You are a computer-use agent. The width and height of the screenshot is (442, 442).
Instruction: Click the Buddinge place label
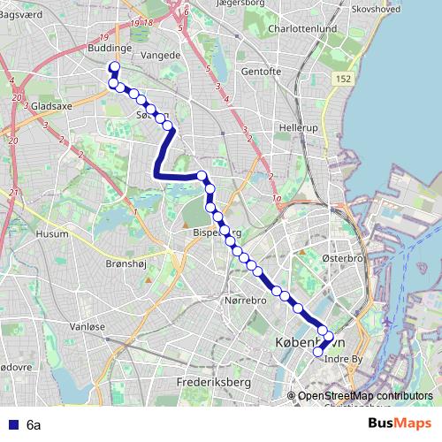(110, 49)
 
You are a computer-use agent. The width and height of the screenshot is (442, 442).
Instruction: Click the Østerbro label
(342, 257)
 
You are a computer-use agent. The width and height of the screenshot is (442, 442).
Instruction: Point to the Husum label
(52, 234)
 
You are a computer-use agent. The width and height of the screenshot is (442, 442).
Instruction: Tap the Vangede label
(160, 54)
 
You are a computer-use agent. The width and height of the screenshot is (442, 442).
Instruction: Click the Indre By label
(345, 359)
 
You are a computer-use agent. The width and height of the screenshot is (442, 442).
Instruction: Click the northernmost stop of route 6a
(113, 67)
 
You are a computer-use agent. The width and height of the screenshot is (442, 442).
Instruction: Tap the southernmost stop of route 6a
(318, 352)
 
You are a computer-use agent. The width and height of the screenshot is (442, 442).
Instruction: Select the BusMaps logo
(399, 424)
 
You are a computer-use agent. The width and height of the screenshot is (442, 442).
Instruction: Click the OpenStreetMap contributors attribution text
(365, 396)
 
